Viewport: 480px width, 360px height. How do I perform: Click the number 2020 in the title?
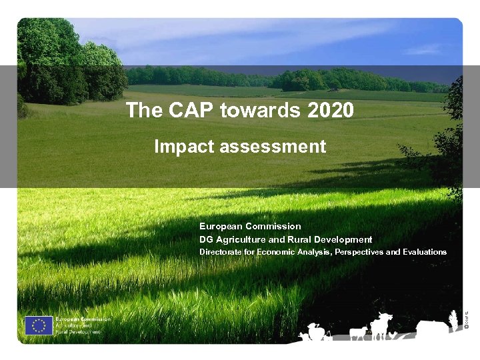pyautogui.click(x=331, y=110)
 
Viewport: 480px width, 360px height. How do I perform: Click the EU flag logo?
pyautogui.click(x=39, y=325)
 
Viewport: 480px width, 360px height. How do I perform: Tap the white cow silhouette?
pyautogui.click(x=381, y=325)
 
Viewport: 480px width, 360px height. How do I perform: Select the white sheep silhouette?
pyautogui.click(x=358, y=333)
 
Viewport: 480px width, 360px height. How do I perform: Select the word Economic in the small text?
pyautogui.click(x=279, y=252)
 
